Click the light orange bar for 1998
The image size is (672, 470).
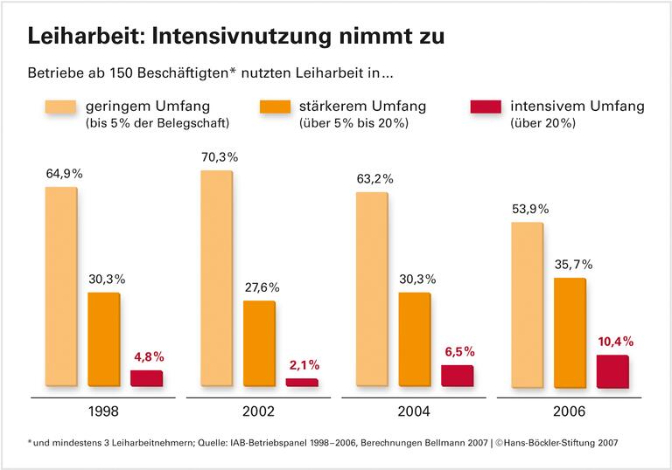[61, 287]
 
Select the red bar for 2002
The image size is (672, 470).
[302, 382]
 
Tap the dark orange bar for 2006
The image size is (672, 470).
[569, 332]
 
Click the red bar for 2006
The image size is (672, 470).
[612, 371]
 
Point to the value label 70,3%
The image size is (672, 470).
[219, 157]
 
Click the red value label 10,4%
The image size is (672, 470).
[615, 341]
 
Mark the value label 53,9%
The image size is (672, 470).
[529, 209]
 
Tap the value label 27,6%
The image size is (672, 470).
[262, 287]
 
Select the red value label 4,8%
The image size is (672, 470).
[149, 356]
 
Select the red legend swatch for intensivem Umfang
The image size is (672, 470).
[485, 107]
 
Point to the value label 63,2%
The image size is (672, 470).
[374, 179]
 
